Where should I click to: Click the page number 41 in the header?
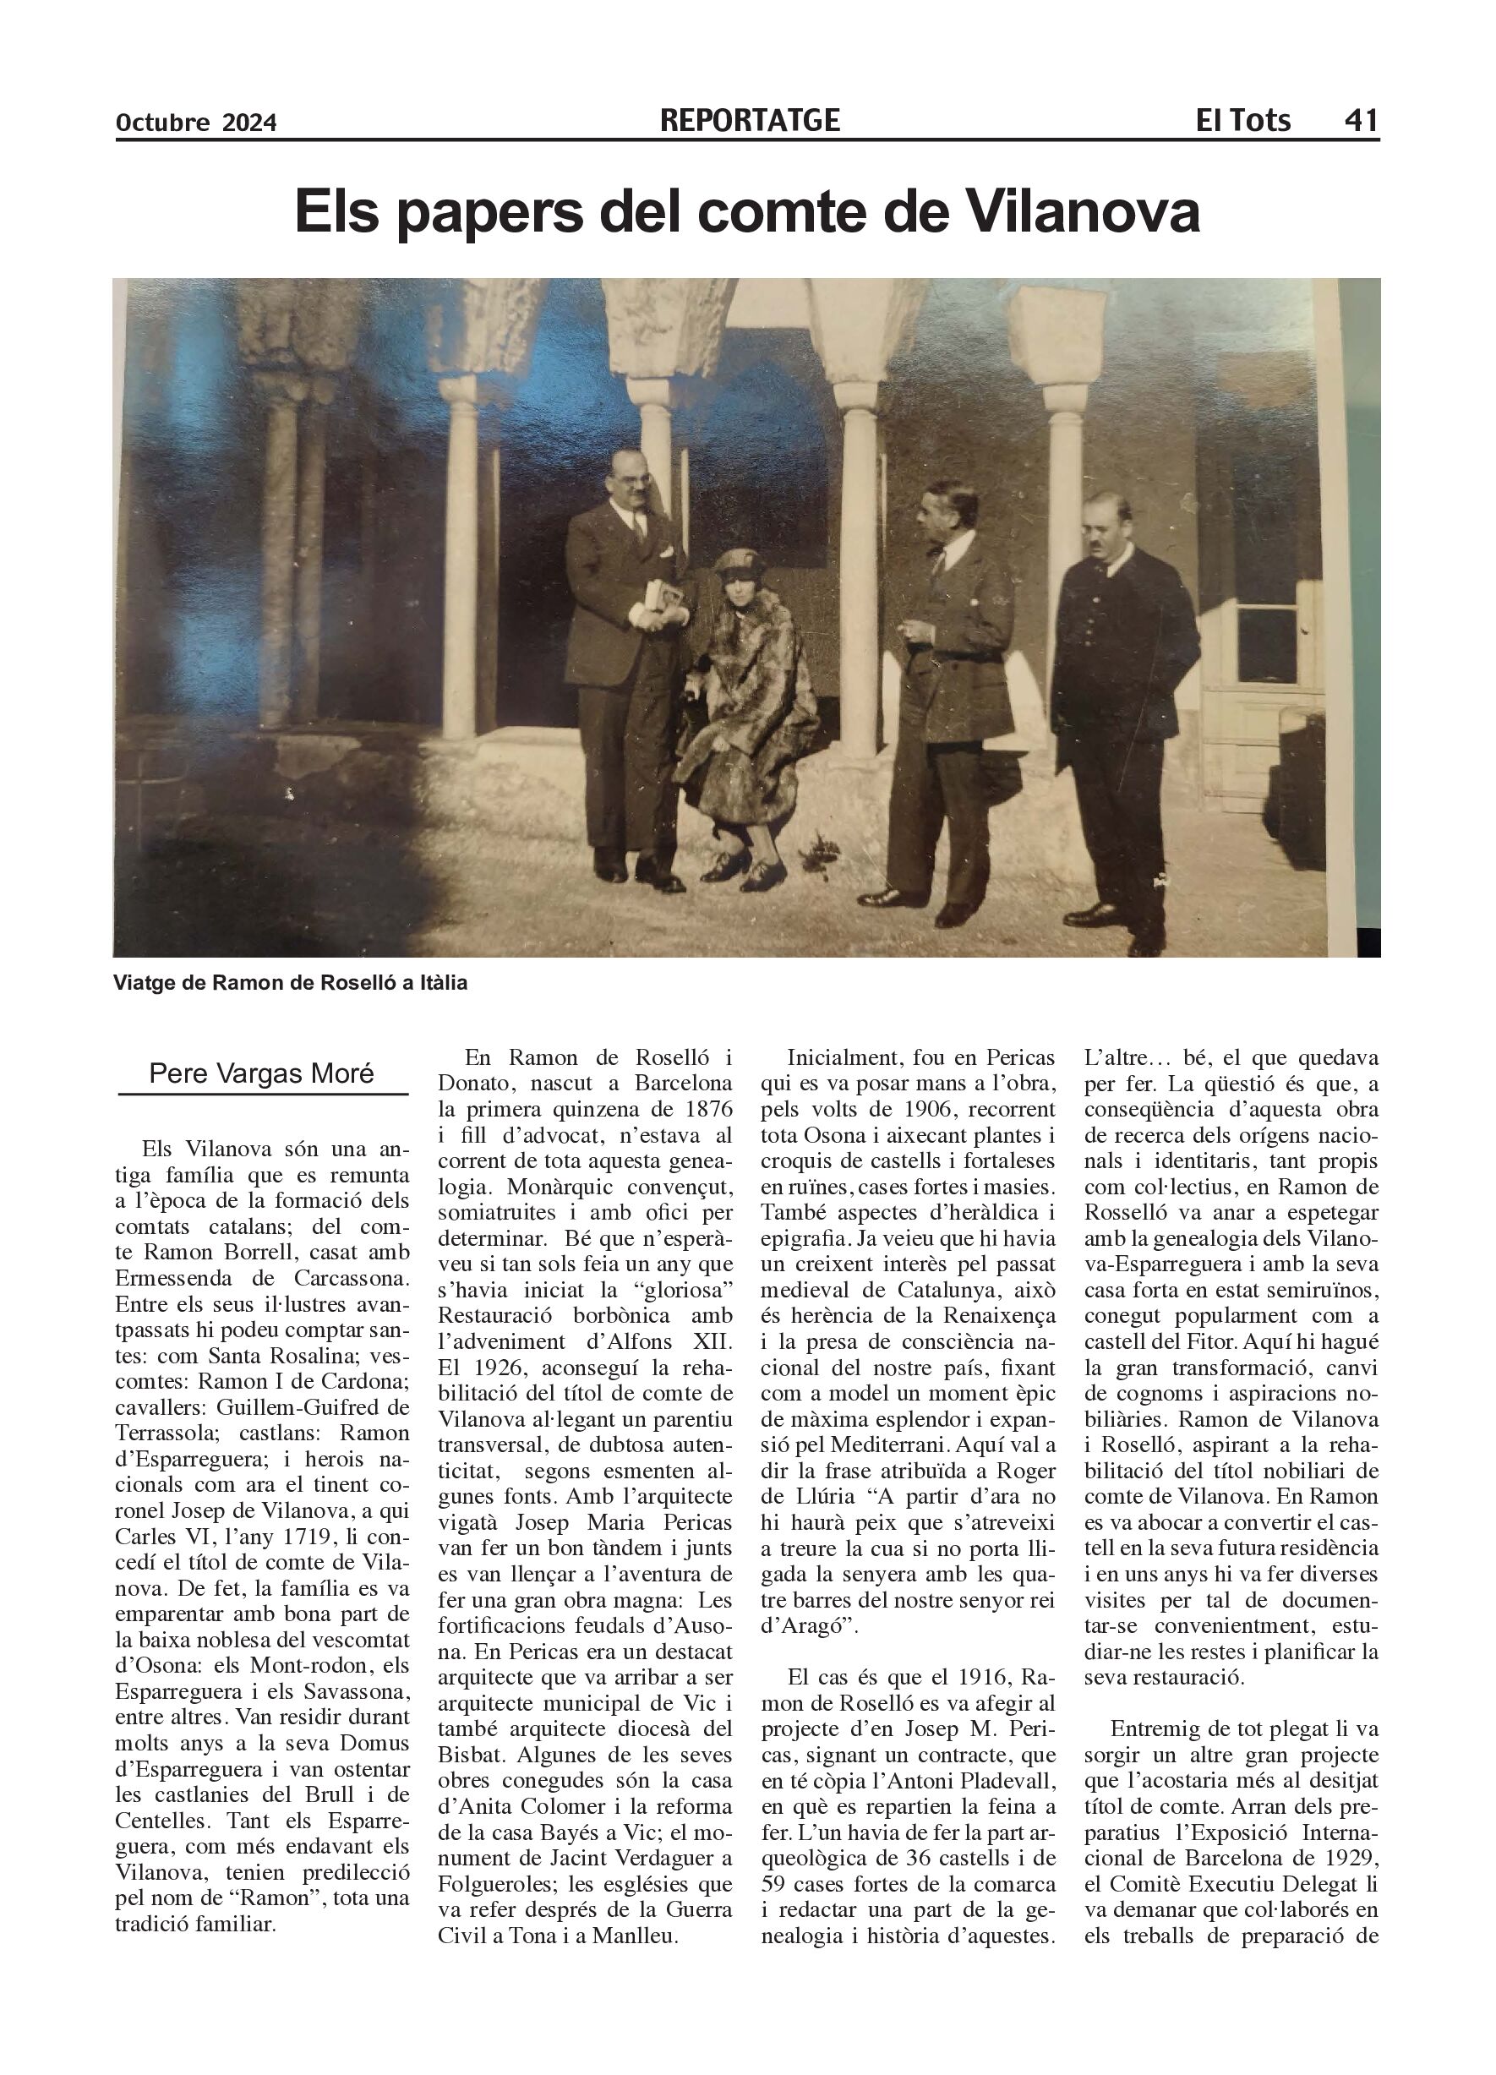pyautogui.click(x=1361, y=120)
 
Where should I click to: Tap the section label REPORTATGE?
pyautogui.click(x=750, y=120)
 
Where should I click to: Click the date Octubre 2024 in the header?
pyautogui.click(x=196, y=122)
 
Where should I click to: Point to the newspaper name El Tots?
pyautogui.click(x=1242, y=120)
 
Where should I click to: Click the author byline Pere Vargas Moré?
pyautogui.click(x=262, y=1073)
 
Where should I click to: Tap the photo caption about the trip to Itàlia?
pyautogui.click(x=290, y=983)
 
